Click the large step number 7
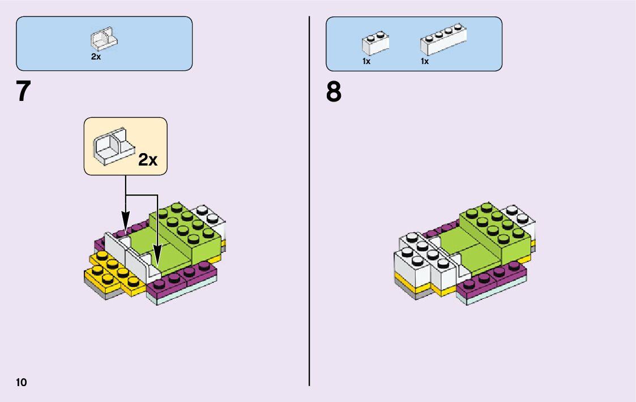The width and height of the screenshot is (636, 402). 23,92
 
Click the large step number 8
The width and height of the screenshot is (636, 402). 334,92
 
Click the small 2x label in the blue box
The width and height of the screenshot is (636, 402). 96,57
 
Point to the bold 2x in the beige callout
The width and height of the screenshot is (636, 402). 148,160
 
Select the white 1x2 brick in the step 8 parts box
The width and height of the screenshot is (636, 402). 375,44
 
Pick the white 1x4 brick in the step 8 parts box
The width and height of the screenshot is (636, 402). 443,41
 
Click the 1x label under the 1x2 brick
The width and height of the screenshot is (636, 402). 366,61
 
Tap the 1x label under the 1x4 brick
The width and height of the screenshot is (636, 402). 425,61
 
